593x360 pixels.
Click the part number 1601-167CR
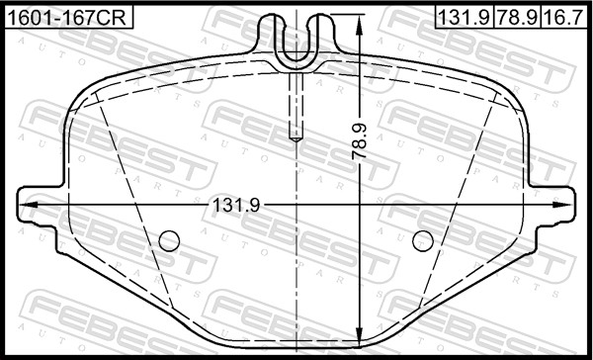tap(67, 18)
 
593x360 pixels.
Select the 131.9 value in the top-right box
tap(465, 18)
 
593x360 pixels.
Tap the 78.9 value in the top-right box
tap(517, 18)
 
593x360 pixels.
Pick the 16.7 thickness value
tap(563, 18)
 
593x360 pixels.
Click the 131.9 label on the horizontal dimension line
tap(236, 205)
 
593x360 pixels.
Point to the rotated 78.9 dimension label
tap(360, 141)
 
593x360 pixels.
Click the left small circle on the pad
tap(169, 240)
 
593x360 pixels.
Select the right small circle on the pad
tap(423, 240)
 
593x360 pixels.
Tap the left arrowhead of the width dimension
tap(28, 205)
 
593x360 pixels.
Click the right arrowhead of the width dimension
tap(562, 205)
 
